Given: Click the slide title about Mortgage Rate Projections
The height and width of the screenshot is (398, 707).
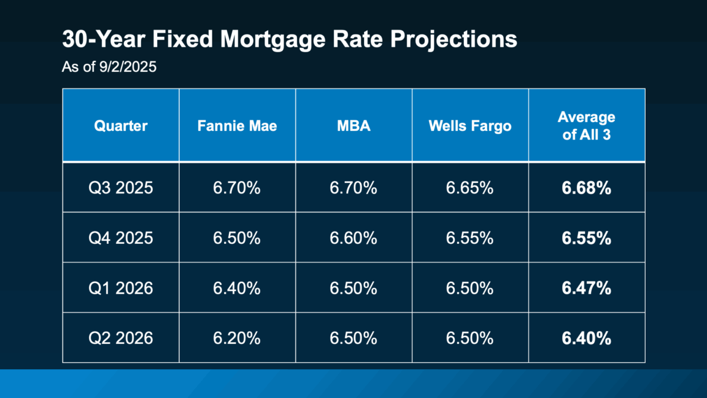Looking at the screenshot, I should [x=289, y=40].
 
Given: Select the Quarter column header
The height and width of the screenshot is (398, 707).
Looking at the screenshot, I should [x=121, y=126].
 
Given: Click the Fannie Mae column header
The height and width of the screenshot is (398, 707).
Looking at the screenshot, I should [x=237, y=126].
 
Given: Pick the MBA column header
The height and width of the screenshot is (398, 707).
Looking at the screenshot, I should [x=353, y=126].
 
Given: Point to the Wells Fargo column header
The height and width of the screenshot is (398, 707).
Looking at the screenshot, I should [x=469, y=126].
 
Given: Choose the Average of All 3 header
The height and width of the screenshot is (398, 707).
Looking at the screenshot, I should [x=586, y=126].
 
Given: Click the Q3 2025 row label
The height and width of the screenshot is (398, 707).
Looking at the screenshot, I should [x=121, y=188].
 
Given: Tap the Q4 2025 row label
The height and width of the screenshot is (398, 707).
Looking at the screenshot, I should [x=121, y=238].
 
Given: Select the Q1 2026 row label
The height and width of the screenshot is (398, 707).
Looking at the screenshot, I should [x=121, y=287].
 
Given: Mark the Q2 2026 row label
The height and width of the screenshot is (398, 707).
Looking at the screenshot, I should [x=121, y=337].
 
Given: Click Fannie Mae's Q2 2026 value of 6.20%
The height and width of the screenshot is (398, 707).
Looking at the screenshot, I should [x=237, y=337].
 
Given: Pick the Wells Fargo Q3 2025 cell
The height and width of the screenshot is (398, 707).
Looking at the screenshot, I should [x=469, y=188].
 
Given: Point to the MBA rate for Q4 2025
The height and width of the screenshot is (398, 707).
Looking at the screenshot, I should [x=353, y=238].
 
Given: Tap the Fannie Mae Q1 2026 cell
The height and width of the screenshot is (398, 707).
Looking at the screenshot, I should [x=237, y=287].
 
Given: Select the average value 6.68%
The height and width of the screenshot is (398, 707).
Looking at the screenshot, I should [x=586, y=188].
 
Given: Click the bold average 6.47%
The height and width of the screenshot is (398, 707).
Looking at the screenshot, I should [x=586, y=287].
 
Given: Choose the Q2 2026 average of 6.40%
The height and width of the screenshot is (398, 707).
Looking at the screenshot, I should [x=586, y=337].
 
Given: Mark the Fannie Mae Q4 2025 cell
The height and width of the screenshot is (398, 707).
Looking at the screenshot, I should [x=237, y=238].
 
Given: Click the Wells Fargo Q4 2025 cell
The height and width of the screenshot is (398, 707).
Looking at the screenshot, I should [x=469, y=238].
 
